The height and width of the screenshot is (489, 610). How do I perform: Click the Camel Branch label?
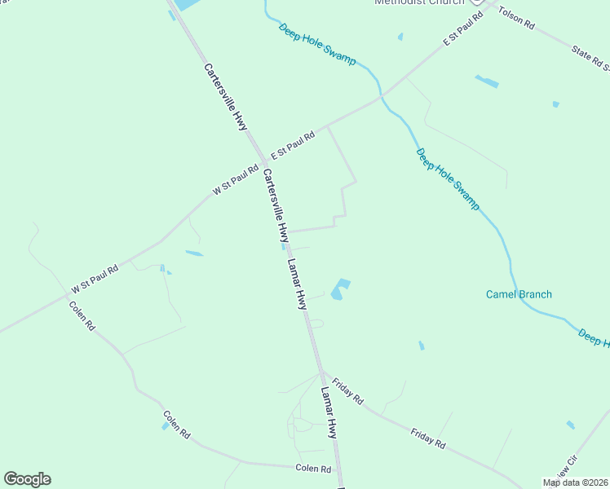coord(519,294)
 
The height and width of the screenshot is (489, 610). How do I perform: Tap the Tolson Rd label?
coord(515,19)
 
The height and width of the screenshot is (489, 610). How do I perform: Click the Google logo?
coord(27,479)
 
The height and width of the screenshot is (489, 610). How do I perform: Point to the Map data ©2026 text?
coord(575,482)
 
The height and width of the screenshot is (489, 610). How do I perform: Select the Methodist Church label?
coord(418,2)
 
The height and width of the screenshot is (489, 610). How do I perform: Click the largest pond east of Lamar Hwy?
coord(339,289)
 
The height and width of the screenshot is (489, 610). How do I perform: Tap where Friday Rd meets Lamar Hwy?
coord(320,374)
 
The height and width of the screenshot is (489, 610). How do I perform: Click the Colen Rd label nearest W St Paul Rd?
coord(82,315)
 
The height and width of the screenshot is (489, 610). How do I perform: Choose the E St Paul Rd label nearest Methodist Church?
coord(458,34)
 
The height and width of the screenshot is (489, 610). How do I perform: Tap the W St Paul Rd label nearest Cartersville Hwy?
coord(236,180)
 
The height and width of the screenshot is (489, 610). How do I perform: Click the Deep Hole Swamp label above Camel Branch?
coord(447,179)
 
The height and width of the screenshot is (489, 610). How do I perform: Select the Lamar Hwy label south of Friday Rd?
coord(329,412)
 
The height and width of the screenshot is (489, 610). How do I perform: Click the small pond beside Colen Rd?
coord(166,426)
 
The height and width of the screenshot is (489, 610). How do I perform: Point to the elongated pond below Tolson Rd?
coord(487,81)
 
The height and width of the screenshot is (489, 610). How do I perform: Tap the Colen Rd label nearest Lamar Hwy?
coord(313,469)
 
